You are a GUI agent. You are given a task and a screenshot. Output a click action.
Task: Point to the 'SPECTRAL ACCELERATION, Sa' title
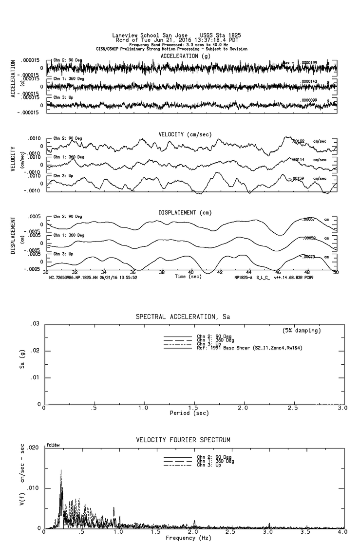[183, 317]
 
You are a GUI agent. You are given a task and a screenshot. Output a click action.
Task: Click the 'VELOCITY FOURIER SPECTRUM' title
[183, 440]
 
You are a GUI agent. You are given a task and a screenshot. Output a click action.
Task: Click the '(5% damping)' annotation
[302, 331]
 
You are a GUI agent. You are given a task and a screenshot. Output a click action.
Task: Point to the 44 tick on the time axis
[248, 272]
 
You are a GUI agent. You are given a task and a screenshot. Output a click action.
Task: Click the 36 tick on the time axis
[133, 272]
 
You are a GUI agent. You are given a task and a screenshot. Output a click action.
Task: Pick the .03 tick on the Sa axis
[35, 324]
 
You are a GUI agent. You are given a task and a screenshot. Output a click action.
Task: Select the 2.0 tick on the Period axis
[243, 408]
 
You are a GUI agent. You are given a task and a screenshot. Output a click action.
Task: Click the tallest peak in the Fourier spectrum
[61, 470]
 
